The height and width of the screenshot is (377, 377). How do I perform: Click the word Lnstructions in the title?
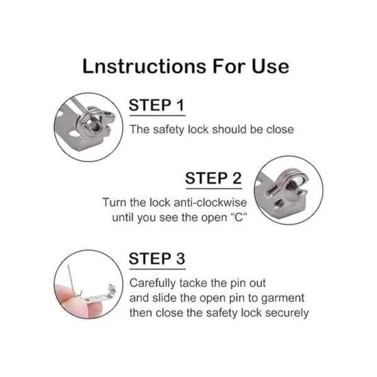click(x=145, y=66)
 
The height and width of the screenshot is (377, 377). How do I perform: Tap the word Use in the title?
click(x=270, y=66)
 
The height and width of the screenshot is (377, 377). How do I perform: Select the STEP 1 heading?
click(x=156, y=106)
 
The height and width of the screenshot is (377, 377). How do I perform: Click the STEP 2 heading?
click(x=213, y=178)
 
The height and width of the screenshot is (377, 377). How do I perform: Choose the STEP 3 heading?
click(x=157, y=258)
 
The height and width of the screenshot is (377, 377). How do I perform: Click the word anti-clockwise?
click(x=210, y=202)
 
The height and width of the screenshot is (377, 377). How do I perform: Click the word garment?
click(x=283, y=298)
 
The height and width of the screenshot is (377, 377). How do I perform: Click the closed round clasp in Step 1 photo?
click(x=92, y=124)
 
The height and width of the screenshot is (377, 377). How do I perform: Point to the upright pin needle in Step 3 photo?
click(x=71, y=280)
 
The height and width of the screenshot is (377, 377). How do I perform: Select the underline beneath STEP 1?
click(x=157, y=116)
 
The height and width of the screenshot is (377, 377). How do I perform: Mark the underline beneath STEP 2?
click(x=214, y=188)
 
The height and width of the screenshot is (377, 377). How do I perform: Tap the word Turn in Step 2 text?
click(x=114, y=202)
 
